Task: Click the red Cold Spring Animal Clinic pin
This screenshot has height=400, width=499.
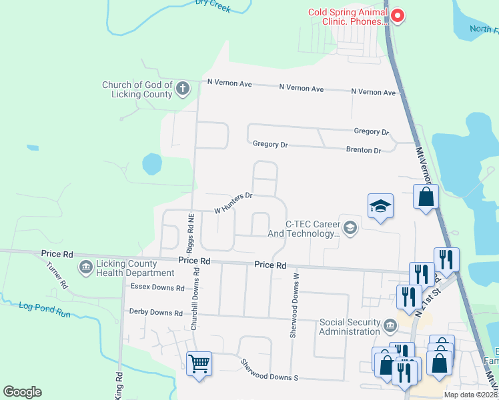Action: pyautogui.click(x=398, y=15)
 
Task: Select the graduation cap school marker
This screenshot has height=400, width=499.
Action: pyautogui.click(x=380, y=205)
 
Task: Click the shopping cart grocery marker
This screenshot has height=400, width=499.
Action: pyautogui.click(x=199, y=364)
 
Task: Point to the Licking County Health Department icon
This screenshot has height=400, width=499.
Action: pyautogui.click(x=85, y=268)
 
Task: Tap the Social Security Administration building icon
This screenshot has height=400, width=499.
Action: pyautogui.click(x=390, y=327)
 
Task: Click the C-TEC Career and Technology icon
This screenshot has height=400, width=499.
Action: pyautogui.click(x=350, y=229)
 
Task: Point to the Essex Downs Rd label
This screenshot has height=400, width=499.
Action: pyautogui.click(x=157, y=288)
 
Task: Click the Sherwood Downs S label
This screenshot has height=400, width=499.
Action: pyautogui.click(x=269, y=377)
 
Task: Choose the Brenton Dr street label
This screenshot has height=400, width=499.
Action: pyautogui.click(x=364, y=150)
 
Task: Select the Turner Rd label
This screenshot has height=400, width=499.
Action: pyautogui.click(x=57, y=274)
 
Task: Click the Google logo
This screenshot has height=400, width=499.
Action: pyautogui.click(x=23, y=392)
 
